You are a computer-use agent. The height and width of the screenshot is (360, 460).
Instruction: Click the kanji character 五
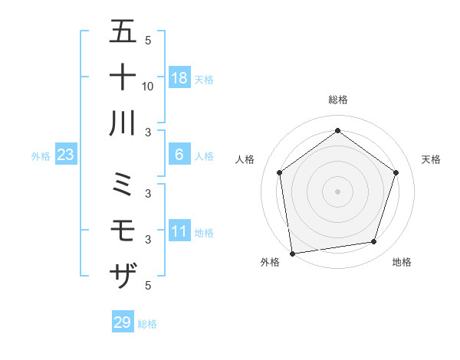coord(123,32)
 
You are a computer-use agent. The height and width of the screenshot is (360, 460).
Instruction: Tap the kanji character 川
coord(123,123)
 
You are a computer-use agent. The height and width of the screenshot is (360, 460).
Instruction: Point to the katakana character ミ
coord(123,185)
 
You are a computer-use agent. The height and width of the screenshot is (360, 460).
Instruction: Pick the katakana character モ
coord(123,231)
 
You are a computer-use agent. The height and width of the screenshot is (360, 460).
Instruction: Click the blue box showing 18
coord(179,77)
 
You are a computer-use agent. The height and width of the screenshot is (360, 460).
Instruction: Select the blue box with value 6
coord(179,155)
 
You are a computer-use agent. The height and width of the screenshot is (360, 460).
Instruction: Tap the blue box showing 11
coord(179,231)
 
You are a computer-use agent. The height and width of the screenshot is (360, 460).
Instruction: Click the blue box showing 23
coord(66,155)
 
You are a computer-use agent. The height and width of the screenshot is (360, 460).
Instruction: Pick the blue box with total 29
coord(123,322)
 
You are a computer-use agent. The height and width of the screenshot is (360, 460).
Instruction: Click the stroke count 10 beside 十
coord(148,86)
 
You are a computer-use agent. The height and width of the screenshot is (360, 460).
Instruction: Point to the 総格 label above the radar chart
coord(338,100)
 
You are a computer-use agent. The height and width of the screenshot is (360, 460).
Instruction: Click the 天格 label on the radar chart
coord(432,159)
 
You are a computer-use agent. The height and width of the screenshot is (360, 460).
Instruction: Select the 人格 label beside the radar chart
coord(245,159)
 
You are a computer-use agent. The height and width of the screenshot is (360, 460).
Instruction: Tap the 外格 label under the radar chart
coord(270,262)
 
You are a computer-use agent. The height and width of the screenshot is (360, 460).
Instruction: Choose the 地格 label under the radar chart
coord(402,262)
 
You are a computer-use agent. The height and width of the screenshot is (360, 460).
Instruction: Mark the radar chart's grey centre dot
coord(337,191)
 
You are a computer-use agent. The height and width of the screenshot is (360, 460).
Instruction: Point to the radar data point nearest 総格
coord(337,131)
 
